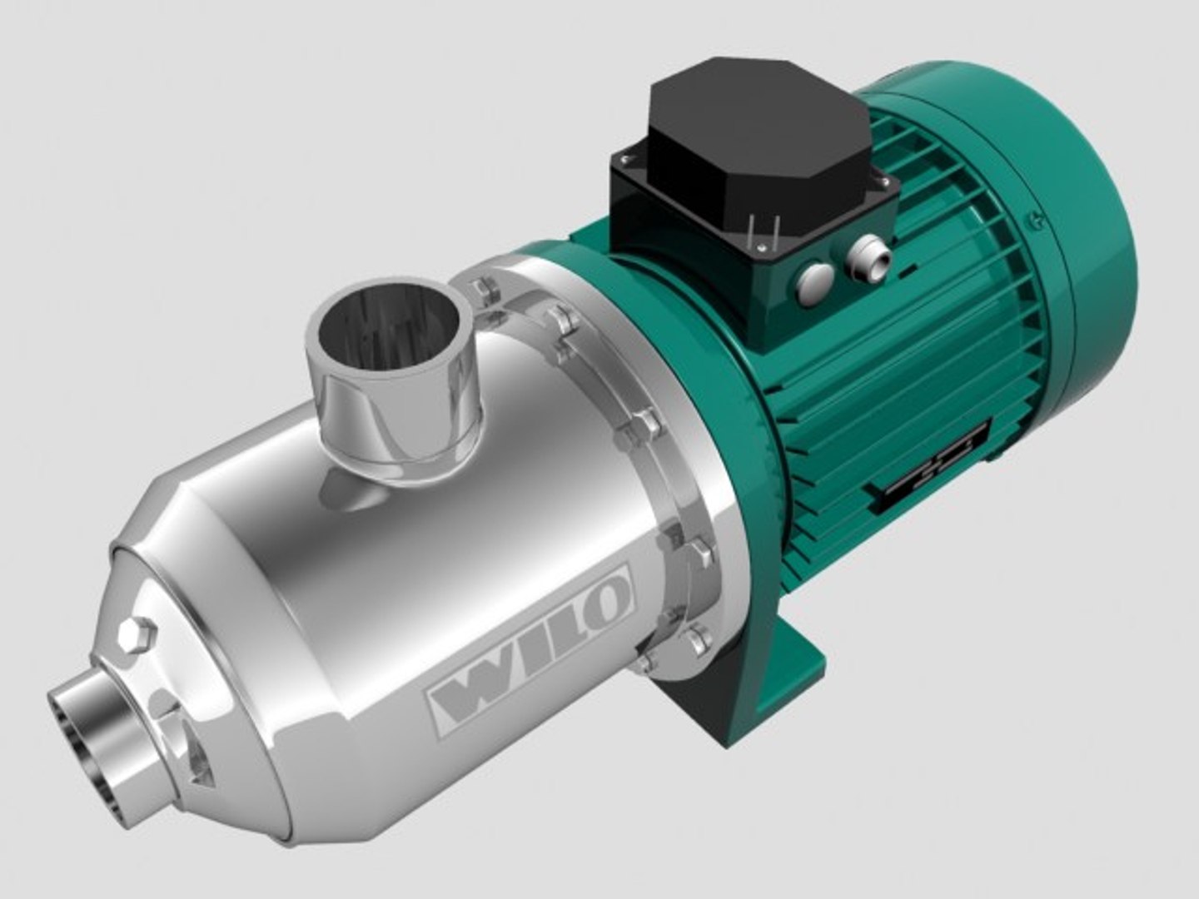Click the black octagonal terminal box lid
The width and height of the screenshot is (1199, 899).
(754, 146)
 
